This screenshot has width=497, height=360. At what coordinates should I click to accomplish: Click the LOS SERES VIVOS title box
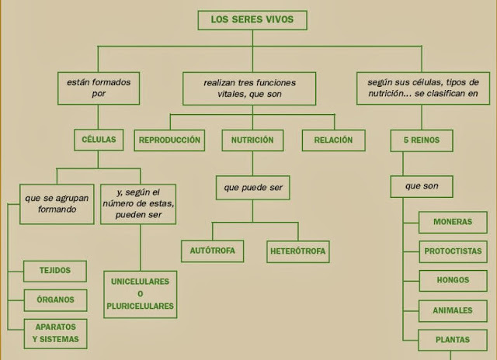coord(252,20)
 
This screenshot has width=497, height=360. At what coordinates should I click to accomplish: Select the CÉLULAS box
coord(98,140)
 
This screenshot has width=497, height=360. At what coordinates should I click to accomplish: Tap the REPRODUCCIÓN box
coord(169,140)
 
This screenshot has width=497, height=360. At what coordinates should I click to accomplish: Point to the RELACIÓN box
coord(333,140)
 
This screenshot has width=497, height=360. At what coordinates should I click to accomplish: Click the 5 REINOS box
coord(422,140)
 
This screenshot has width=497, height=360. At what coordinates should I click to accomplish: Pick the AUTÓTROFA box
coord(212,251)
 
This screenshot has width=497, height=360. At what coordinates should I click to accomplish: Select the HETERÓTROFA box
coord(298,251)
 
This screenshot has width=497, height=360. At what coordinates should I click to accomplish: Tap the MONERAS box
coord(453,222)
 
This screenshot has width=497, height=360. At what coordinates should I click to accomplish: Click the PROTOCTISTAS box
coord(453,251)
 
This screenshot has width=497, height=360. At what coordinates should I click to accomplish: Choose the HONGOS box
coord(453,281)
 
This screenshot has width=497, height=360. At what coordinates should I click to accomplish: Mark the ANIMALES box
coord(453,310)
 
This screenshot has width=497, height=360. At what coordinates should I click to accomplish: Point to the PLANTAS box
coord(453,340)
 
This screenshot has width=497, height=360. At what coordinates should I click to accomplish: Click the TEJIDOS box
coord(54,271)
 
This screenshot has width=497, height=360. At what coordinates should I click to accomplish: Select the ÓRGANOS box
coord(54,300)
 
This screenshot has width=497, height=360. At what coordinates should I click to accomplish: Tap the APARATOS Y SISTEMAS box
coord(54,334)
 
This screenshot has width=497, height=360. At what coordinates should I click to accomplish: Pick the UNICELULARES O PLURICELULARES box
coord(141,294)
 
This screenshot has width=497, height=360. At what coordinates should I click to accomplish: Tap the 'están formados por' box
coord(98,88)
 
